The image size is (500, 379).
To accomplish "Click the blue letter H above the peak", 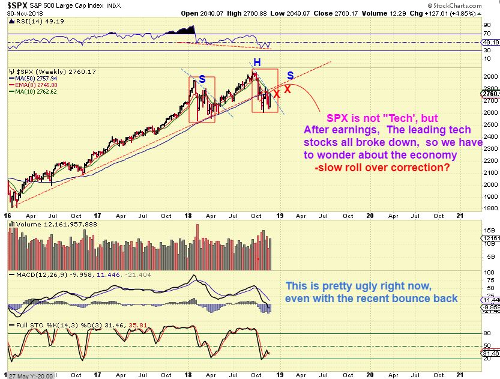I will (x=256, y=62).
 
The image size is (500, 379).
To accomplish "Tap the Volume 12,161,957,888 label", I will (x=50, y=224).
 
